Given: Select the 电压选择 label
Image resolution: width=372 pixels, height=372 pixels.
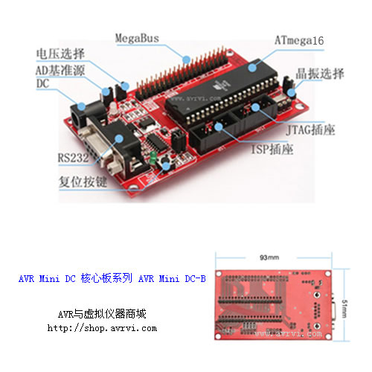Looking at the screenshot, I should pos(60,54).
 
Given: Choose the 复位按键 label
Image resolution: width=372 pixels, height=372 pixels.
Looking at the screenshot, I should pos(83,181).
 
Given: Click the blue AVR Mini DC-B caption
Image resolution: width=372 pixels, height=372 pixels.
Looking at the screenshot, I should pos(112,279).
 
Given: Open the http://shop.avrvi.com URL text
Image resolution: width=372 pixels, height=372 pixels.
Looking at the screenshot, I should pos(102,327).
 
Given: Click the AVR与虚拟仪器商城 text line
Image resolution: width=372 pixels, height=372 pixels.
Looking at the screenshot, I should pos(102,314).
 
